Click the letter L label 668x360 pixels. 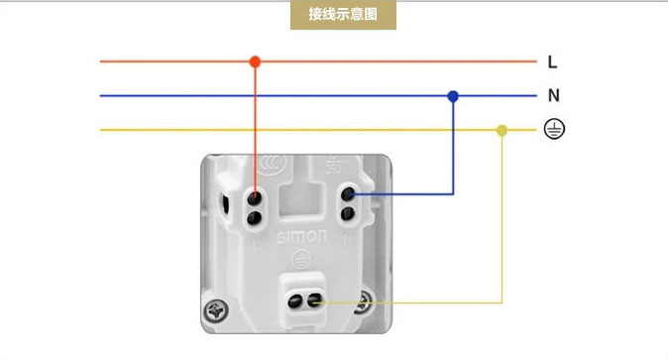552,61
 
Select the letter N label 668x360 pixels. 553,96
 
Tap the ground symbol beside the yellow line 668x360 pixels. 554,129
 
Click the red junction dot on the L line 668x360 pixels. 255,61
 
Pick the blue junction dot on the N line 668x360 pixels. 453,96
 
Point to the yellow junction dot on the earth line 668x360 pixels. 501,130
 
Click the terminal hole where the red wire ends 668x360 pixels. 255,197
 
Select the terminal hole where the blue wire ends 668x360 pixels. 348,194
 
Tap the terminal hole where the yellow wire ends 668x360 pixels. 318,301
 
